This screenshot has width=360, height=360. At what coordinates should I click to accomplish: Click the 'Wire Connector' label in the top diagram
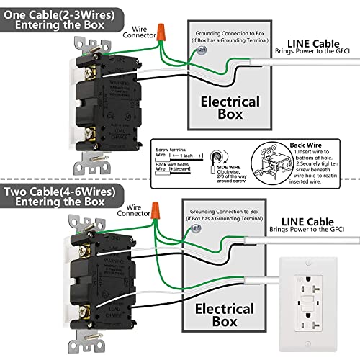pos(135,30)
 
